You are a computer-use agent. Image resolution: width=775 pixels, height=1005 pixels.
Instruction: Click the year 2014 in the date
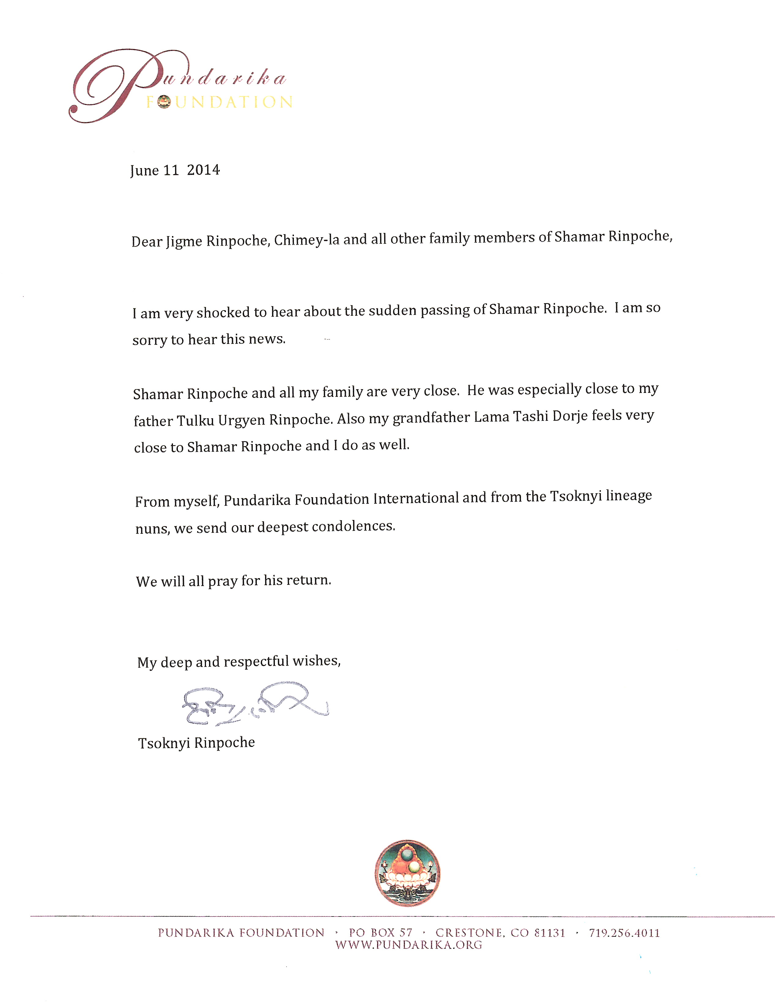pyautogui.click(x=203, y=170)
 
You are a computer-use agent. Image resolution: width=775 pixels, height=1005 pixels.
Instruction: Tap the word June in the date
pyautogui.click(x=144, y=171)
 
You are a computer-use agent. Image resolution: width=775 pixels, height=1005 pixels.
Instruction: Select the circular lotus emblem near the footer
pyautogui.click(x=407, y=873)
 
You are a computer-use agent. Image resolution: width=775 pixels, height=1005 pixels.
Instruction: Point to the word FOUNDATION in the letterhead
pyautogui.click(x=219, y=102)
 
